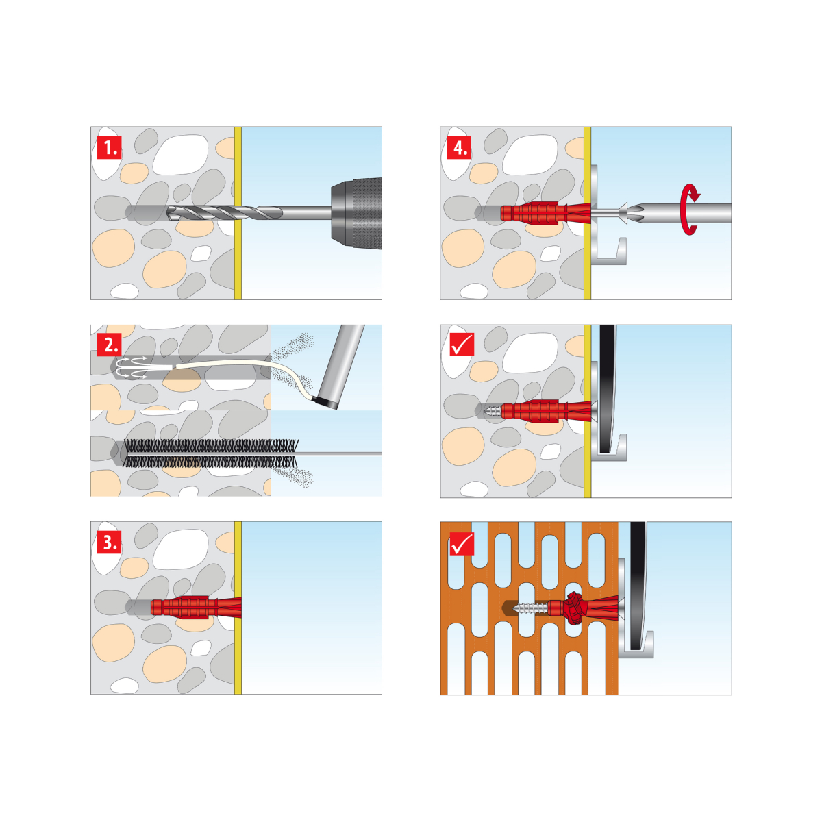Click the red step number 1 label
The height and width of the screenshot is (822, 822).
109,147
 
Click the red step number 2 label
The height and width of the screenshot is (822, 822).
109,345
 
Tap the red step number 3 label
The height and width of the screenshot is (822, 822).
109,542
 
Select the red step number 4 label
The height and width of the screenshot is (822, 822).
458,147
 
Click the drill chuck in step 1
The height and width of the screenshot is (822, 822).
356,213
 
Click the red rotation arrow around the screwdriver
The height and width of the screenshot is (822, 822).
689,209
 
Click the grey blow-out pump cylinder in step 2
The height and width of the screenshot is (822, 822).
340,367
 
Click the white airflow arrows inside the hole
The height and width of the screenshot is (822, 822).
133,367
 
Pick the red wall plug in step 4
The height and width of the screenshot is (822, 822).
546,213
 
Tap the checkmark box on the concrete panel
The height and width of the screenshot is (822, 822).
462,345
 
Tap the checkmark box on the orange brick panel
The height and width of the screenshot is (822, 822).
462,543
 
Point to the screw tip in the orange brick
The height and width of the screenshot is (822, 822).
517,607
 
